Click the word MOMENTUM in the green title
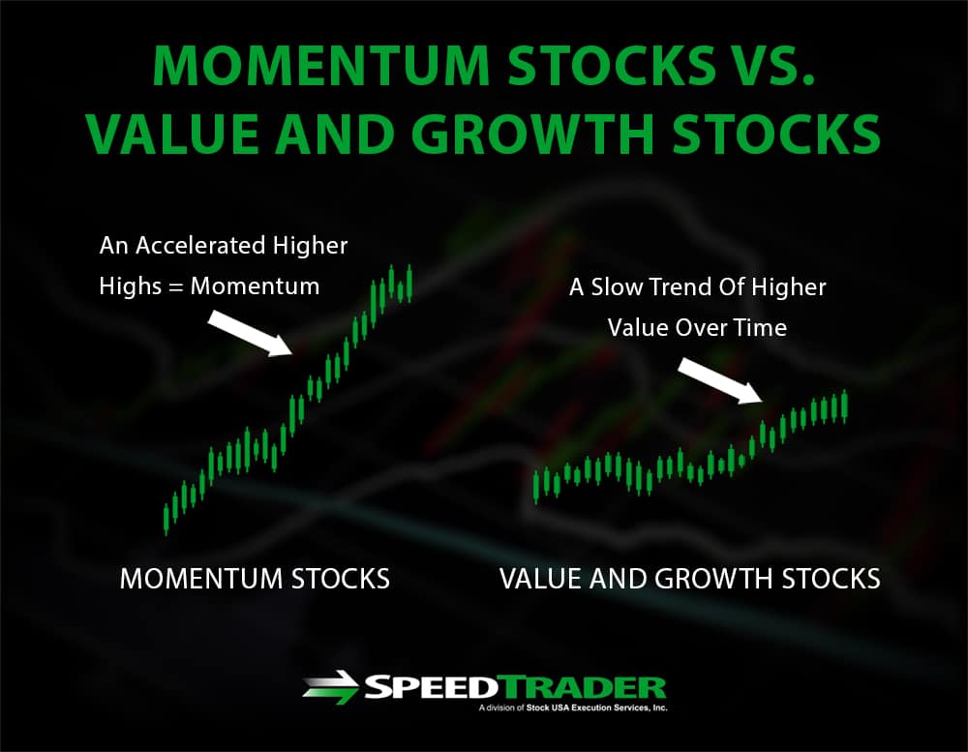(321, 66)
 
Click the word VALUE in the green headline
(171, 134)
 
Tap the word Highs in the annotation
(131, 286)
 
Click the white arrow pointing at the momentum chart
(250, 333)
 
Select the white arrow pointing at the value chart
(720, 380)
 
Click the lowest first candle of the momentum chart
(166, 519)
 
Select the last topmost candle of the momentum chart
(409, 284)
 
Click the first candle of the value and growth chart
(536, 487)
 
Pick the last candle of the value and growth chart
(844, 406)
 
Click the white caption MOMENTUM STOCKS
(255, 579)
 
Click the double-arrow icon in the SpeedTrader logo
(331, 687)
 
